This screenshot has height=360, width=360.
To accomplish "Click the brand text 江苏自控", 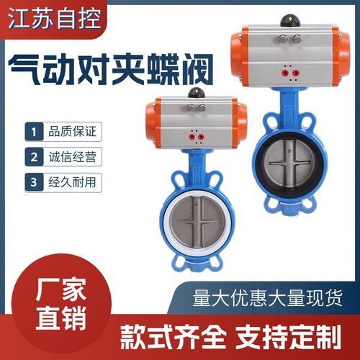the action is point(55,19).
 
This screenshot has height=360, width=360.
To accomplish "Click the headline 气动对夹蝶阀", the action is point(111,69).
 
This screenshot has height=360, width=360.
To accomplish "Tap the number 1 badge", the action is point(34,132).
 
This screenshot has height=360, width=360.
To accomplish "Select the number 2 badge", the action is point(34,157).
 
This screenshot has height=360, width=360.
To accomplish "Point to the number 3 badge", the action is point(34,182).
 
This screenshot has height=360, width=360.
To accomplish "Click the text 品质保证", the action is point(72,131).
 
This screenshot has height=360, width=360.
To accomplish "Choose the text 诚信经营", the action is point(72,157).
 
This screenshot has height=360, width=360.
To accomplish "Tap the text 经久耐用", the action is point(72,182).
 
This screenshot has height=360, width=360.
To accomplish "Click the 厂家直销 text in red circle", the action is point(61,304).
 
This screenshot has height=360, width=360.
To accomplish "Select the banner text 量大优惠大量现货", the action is point(267,298).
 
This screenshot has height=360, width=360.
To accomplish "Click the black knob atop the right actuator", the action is point(289,21).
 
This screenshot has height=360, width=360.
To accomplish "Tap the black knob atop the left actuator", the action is point(196,93).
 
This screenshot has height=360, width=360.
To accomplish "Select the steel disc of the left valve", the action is point(197,222).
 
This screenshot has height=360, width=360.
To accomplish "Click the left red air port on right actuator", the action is point(285,73).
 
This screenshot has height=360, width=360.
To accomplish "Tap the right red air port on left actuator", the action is point(201,138).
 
